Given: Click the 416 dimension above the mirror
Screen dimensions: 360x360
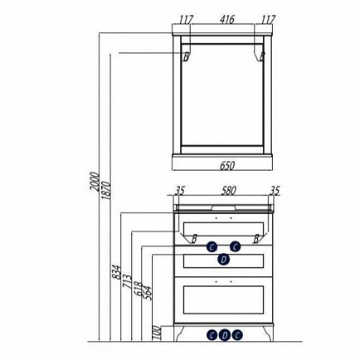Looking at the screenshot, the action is tap(227, 20).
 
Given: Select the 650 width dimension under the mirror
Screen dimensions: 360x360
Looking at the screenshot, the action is tap(227, 166).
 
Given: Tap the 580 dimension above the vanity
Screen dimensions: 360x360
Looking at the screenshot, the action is tap(228, 191).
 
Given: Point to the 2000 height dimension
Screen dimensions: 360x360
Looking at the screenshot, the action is tap(95, 182).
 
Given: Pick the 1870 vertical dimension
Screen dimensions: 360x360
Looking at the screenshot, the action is tap(106, 190).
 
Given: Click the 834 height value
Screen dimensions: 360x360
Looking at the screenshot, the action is tap(117, 272).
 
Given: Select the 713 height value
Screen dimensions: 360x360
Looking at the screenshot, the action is tap(128, 280).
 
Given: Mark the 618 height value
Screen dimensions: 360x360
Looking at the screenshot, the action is tap(139, 289).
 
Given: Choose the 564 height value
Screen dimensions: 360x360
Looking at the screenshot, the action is tap(148, 294).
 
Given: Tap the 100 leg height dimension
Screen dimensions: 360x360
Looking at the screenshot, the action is tap(156, 333).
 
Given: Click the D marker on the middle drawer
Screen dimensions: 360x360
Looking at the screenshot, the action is tap(223, 260).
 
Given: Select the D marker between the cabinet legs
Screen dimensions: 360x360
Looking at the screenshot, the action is tap(225, 335).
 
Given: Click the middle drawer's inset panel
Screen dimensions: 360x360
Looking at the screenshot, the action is tap(223, 261).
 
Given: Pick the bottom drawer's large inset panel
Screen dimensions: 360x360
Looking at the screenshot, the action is tap(223, 300).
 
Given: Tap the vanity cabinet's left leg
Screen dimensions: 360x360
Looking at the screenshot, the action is tap(179, 333).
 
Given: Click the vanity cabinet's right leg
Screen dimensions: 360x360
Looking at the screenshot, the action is tap(267, 333).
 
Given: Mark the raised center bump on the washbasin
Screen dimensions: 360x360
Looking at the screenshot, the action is tap(224, 207).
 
